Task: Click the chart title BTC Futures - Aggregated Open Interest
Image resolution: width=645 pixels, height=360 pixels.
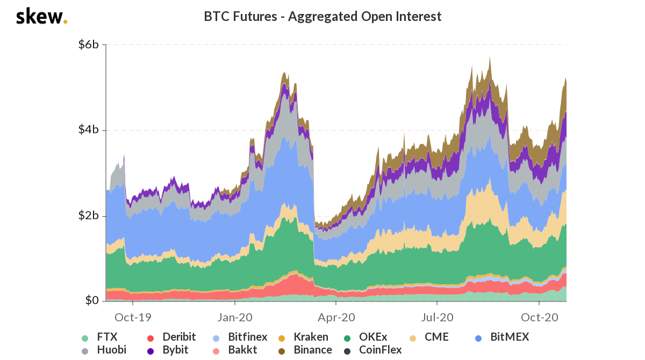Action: tap(322, 17)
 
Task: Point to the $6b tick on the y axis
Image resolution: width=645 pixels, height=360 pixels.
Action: tap(88, 45)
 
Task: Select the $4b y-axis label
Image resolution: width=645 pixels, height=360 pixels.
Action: tap(88, 130)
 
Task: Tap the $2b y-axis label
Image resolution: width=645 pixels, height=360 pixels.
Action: tap(88, 216)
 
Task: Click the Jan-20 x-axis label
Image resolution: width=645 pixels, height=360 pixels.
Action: tap(235, 317)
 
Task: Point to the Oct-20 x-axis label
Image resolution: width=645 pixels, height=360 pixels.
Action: tap(539, 317)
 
